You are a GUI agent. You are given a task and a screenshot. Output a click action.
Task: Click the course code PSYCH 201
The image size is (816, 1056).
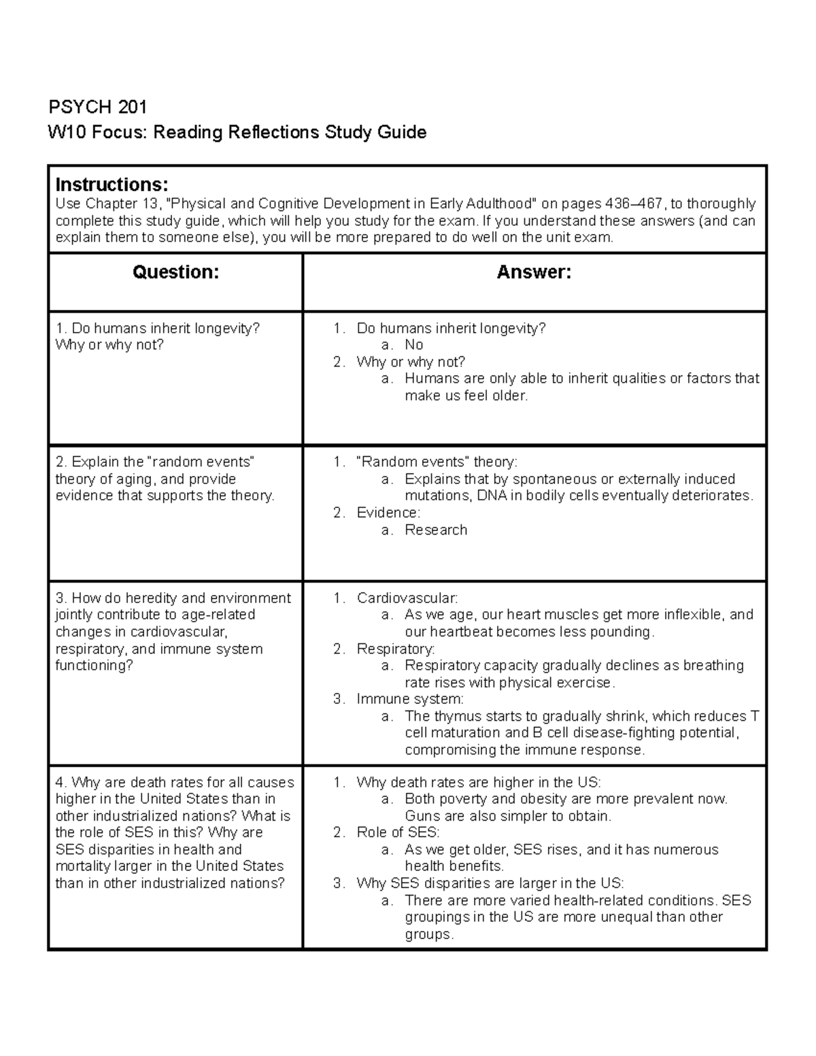[x=97, y=107]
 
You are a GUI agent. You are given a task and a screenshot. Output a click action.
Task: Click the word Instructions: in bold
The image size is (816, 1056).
[x=112, y=184]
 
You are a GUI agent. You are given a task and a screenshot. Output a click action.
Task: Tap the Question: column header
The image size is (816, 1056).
[x=175, y=273]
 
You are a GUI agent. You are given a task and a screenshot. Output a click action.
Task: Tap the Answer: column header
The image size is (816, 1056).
[x=534, y=273]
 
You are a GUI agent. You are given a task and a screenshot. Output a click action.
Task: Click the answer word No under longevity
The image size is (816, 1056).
[x=413, y=345]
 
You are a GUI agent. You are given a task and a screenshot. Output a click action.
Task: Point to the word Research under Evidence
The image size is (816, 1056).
[x=436, y=530]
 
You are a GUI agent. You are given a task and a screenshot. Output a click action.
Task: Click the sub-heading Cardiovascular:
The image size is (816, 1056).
[x=407, y=598]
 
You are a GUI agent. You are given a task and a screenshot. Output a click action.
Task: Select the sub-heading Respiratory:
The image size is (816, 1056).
[x=396, y=649]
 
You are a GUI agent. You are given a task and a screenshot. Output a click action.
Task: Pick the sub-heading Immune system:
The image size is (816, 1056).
[x=410, y=699]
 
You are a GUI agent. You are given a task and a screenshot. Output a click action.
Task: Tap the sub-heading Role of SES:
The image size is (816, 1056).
[x=398, y=832]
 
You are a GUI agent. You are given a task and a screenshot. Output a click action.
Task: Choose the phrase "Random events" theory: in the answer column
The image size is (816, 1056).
[x=437, y=462]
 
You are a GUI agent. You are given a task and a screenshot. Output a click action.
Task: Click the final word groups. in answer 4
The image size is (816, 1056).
[x=428, y=934]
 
